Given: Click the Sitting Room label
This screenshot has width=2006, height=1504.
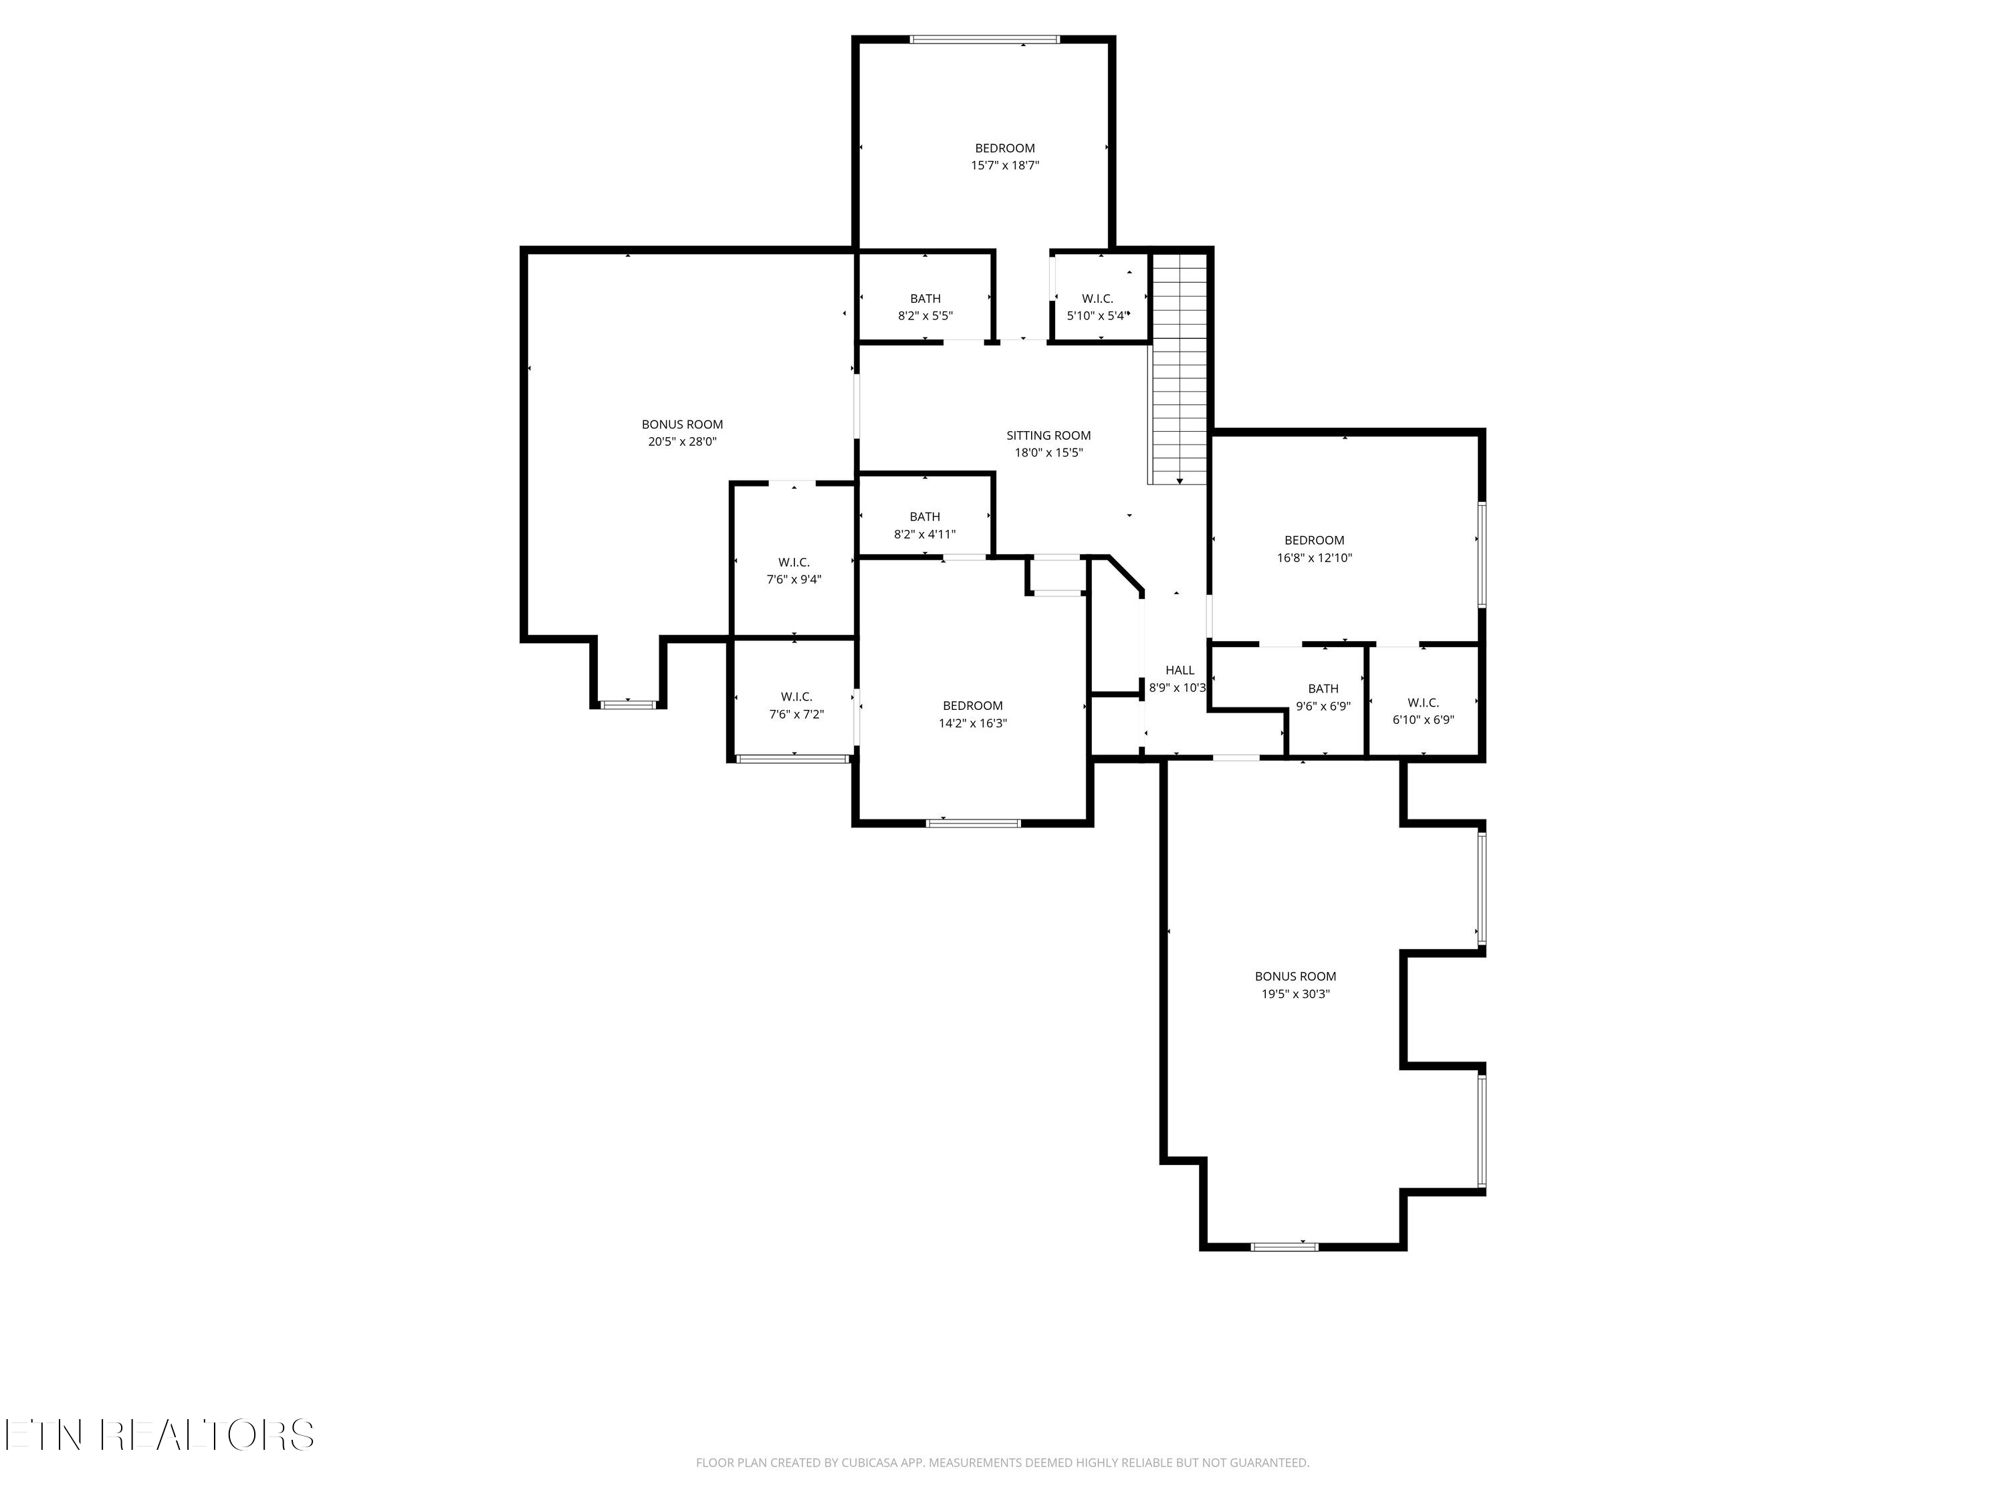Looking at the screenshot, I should pos(1048,435).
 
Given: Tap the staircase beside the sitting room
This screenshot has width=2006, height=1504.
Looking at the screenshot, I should pos(1179,372).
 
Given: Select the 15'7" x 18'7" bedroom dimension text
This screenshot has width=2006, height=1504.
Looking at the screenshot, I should pos(1005,166).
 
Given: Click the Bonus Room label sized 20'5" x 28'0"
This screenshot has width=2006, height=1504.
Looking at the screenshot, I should pos(682,424).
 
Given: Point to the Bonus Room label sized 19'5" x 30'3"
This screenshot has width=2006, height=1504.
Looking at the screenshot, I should pos(1295,977).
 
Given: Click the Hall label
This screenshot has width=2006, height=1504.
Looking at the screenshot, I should pos(1179,670).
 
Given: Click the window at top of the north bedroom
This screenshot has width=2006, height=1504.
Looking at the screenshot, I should pos(984,40).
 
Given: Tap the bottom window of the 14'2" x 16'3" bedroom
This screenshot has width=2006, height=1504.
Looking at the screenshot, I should pos(973,822).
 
